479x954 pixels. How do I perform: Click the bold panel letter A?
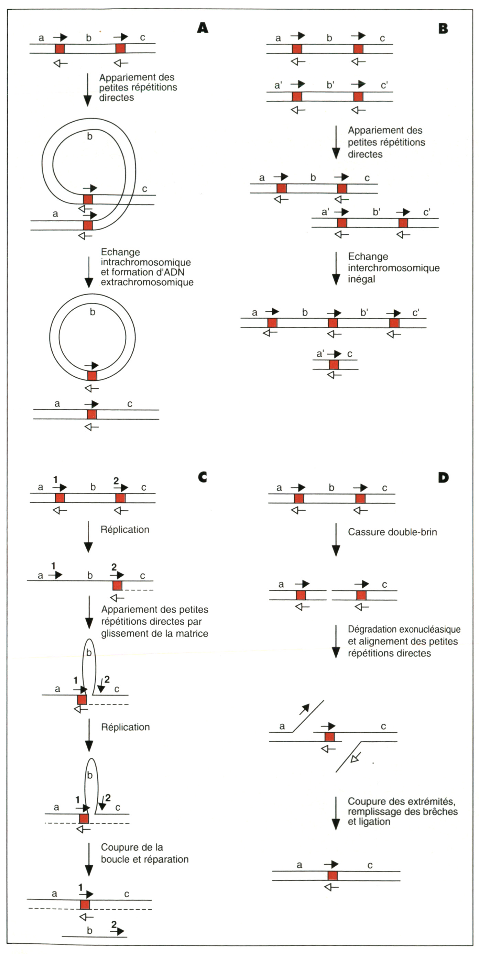[203, 28]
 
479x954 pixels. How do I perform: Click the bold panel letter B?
[443, 29]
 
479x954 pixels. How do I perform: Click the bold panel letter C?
[202, 477]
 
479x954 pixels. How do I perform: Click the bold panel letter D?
[443, 478]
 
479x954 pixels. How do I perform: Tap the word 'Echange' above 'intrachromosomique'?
[120, 252]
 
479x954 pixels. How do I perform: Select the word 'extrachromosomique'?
[147, 282]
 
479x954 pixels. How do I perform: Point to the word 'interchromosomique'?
[393, 268]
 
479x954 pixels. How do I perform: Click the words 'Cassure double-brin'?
[392, 532]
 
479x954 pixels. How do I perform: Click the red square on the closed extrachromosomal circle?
[92, 376]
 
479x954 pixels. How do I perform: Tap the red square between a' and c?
[334, 364]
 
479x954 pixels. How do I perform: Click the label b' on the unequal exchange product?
[364, 313]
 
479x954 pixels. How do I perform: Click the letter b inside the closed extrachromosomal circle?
[92, 312]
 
